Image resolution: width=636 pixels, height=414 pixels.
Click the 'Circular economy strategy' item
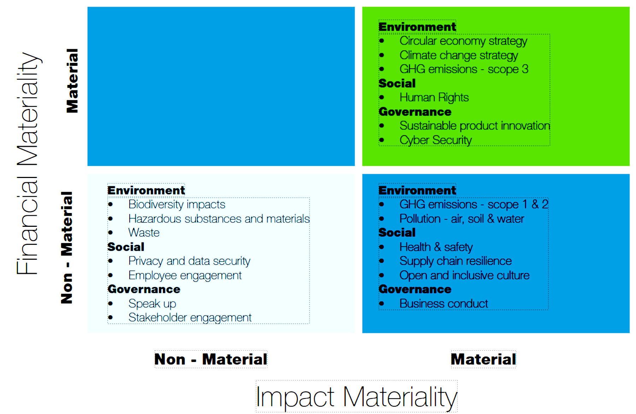463,41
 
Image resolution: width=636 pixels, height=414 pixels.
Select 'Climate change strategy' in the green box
459,56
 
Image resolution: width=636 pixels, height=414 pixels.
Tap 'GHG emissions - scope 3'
464,69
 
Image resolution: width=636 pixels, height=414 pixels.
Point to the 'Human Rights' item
434,98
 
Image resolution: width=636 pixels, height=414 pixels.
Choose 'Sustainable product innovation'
475,126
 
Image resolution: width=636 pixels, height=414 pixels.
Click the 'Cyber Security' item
436,140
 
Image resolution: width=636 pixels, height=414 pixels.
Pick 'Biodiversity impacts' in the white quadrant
177,205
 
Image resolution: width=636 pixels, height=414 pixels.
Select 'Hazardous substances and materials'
219,219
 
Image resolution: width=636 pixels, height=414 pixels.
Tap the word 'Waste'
144,233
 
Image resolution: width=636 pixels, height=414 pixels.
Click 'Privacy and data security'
189,261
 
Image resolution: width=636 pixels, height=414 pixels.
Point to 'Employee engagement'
185,276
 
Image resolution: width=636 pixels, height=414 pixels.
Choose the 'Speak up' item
152,304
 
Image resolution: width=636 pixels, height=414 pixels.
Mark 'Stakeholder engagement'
190,318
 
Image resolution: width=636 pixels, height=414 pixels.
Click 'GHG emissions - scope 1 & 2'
474,205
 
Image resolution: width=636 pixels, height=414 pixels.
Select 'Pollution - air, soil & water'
462,219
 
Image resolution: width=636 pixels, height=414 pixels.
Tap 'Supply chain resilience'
455,261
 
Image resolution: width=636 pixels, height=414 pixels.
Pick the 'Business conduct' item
444,304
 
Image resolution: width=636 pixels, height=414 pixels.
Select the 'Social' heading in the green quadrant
397,84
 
